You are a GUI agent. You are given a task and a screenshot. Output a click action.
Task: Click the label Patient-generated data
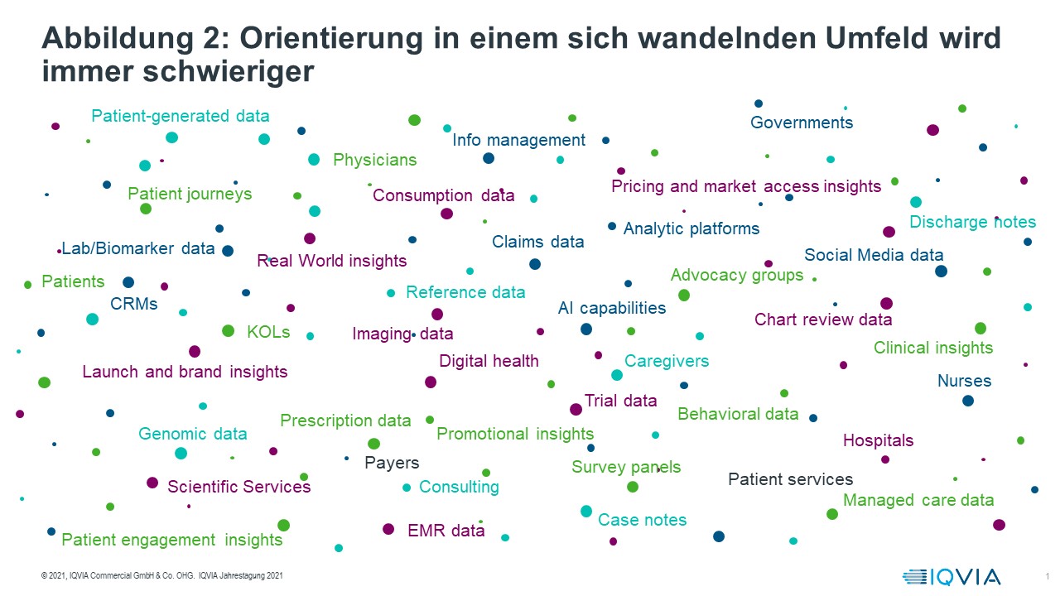(180, 117)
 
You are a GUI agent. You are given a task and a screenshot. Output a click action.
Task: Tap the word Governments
(801, 123)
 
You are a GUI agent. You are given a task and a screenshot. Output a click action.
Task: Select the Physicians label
(374, 160)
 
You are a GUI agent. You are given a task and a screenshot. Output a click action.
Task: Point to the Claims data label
(537, 243)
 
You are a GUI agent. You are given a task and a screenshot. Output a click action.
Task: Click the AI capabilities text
(611, 309)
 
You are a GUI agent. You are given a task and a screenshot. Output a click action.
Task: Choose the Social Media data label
(874, 255)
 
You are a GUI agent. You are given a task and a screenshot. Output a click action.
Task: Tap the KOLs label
(268, 332)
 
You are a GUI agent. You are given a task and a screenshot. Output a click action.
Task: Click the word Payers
(392, 463)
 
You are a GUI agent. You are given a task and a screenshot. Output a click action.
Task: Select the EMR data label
(446, 531)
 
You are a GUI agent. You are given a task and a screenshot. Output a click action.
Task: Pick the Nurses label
(964, 382)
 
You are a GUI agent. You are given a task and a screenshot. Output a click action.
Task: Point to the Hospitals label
(878, 440)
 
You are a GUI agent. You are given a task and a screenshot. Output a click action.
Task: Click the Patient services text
(790, 479)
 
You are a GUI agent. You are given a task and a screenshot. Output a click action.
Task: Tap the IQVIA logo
(952, 577)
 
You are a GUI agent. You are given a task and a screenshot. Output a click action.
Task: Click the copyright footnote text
(161, 576)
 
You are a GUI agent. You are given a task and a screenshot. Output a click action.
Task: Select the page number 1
(1047, 576)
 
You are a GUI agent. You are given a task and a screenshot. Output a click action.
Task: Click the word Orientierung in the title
(340, 38)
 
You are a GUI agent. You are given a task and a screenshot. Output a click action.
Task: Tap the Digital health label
(489, 361)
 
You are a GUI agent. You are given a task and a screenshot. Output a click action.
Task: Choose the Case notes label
(642, 520)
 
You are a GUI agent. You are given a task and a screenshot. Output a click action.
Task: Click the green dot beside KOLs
(229, 331)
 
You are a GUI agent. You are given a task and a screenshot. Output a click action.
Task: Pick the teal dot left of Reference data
(391, 293)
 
